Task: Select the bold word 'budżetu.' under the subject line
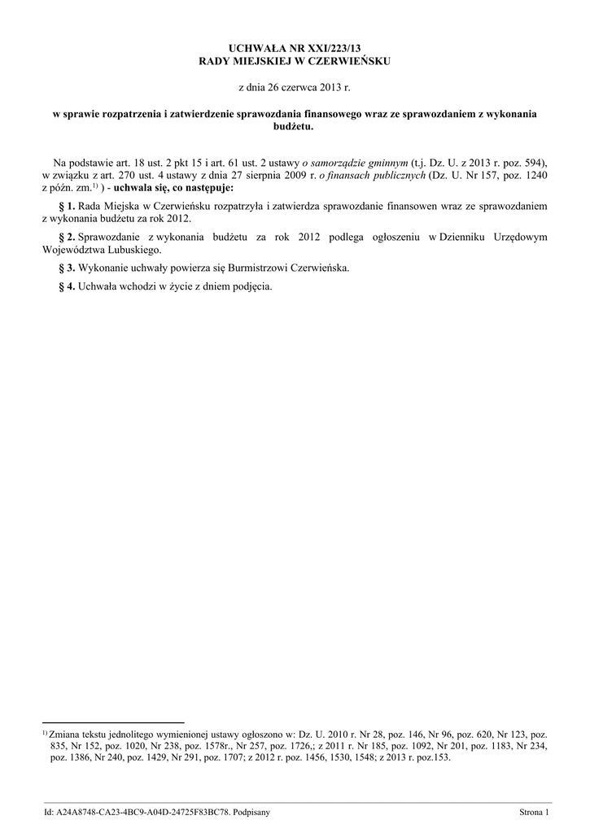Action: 295,128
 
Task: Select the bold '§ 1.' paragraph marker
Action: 67,207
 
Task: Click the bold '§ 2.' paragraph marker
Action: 67,238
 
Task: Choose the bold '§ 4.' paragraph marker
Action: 67,286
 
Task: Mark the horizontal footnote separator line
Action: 113,722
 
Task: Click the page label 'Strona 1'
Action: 534,812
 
